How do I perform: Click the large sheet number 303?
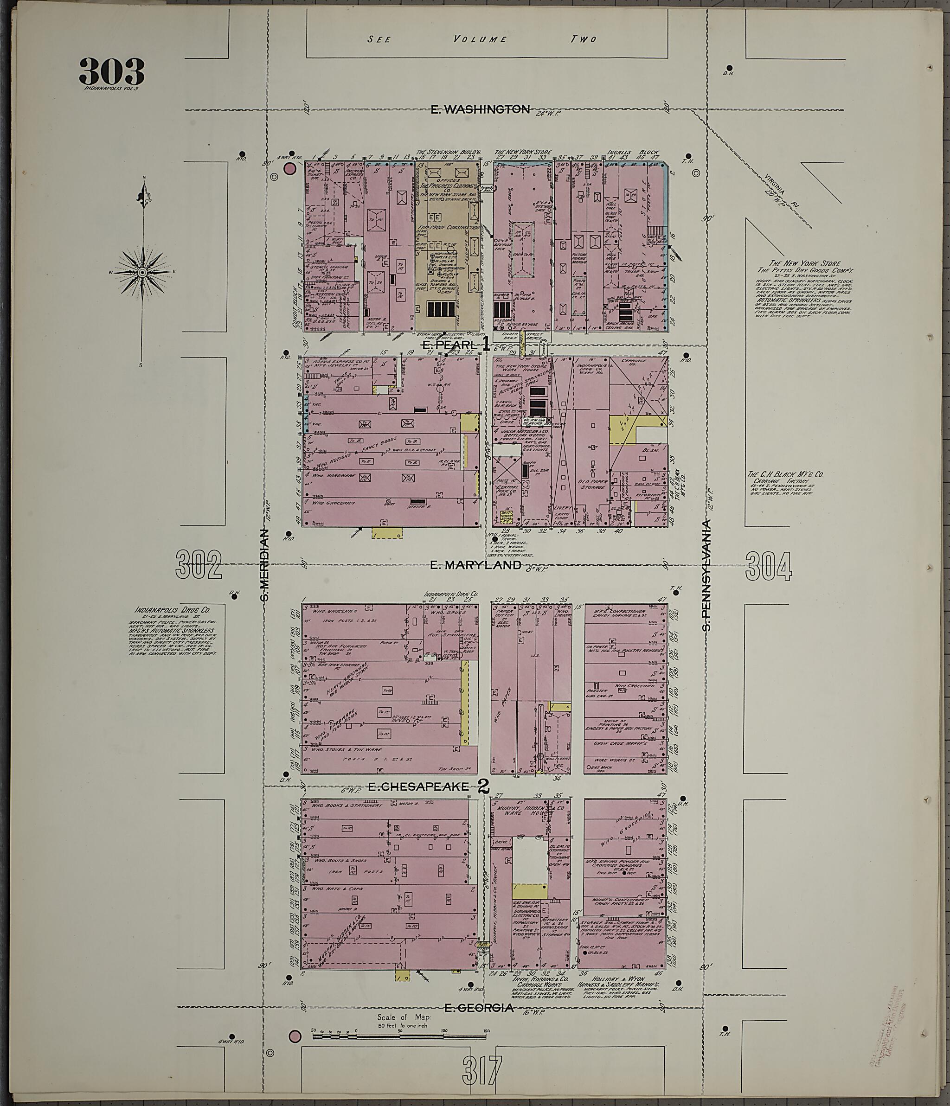[112, 71]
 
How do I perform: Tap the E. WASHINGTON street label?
[480, 109]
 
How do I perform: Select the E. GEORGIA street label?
[479, 1008]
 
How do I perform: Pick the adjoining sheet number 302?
[199, 566]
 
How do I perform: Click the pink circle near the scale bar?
[294, 1036]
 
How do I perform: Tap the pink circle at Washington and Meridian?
[289, 169]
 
